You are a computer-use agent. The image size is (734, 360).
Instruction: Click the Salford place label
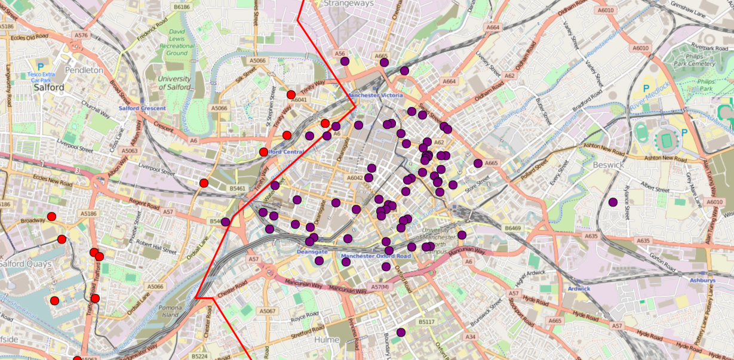(49, 87)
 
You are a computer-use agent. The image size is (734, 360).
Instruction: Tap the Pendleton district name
(84, 70)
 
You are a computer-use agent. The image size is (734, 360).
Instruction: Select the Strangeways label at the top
(348, 4)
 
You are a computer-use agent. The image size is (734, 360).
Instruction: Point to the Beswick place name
(608, 165)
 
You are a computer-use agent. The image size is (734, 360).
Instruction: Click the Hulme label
(326, 340)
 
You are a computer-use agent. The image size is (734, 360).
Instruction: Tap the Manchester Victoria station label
(375, 95)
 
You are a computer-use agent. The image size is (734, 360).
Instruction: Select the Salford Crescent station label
(142, 108)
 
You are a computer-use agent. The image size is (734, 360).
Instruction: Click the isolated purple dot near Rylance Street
(613, 202)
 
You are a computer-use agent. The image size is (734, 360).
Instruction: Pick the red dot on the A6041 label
(291, 94)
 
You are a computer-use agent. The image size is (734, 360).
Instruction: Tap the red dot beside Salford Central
(263, 152)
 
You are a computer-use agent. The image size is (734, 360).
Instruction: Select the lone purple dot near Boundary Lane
(401, 333)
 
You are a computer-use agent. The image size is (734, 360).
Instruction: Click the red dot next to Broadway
(51, 217)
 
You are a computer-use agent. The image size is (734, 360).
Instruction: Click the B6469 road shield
(512, 228)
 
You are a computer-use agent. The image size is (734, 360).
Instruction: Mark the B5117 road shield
(426, 322)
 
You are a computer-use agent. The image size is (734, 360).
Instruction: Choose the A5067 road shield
(268, 311)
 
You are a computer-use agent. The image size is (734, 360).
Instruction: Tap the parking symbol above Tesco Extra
(41, 67)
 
